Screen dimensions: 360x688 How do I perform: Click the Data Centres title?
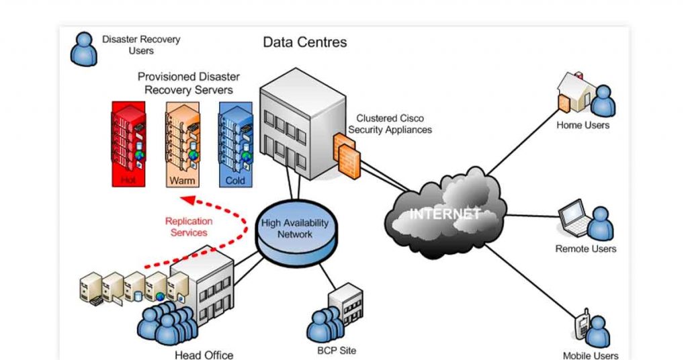(x=304, y=42)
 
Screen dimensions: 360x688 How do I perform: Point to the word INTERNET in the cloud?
(x=445, y=214)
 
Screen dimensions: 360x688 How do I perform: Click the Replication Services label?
(x=189, y=227)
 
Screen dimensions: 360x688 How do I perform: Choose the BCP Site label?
(x=337, y=350)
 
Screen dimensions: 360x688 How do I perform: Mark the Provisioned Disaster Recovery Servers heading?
(x=188, y=83)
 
